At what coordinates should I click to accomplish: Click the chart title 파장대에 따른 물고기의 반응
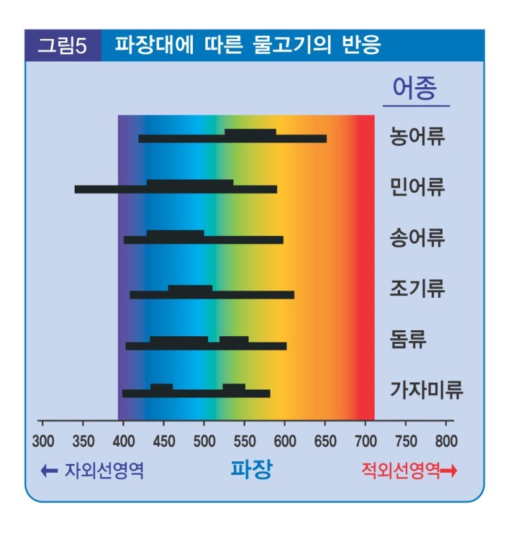pos(247,46)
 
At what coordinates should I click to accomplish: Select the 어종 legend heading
pos(415,88)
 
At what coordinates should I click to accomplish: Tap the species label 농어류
pos(417,135)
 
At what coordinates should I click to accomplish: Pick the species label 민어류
pos(417,187)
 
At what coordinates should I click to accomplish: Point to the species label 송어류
pos(417,237)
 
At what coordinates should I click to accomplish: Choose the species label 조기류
pos(417,288)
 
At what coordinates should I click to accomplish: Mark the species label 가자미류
pos(426,391)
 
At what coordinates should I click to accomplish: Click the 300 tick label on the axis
pos(43,441)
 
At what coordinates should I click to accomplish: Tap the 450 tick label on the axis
pos(163,441)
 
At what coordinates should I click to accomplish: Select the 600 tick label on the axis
pos(284,441)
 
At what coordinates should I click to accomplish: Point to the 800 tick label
pos(446,441)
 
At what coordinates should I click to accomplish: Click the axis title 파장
pos(251,470)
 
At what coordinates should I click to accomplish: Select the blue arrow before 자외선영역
pos(49,471)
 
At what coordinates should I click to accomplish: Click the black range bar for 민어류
pos(176,187)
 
